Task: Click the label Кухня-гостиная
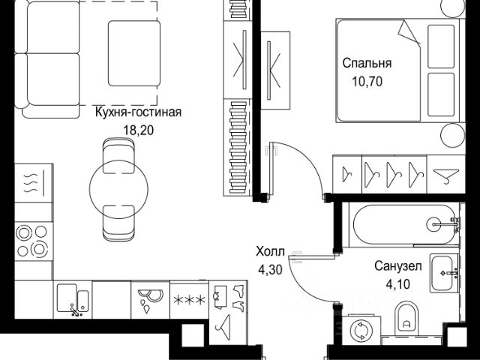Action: pos(138,113)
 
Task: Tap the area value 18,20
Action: pos(139,129)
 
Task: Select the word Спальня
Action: pos(367,64)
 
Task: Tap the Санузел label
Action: pos(398,265)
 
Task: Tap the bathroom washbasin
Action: pos(442,273)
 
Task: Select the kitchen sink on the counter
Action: pos(73,300)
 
